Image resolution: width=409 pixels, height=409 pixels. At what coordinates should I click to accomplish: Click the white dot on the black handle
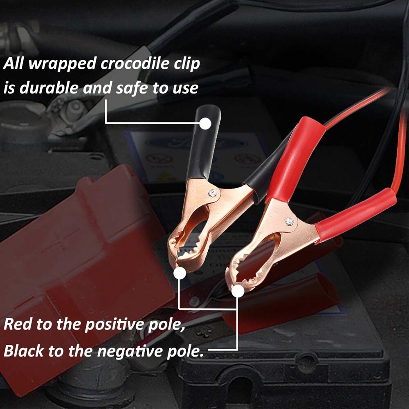(x=206, y=123)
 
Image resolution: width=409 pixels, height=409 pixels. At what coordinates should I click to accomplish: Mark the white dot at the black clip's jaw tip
(x=178, y=273)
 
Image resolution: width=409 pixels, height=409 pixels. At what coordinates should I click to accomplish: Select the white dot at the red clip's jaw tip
(x=237, y=291)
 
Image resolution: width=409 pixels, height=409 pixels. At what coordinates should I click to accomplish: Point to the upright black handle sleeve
(x=202, y=143)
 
